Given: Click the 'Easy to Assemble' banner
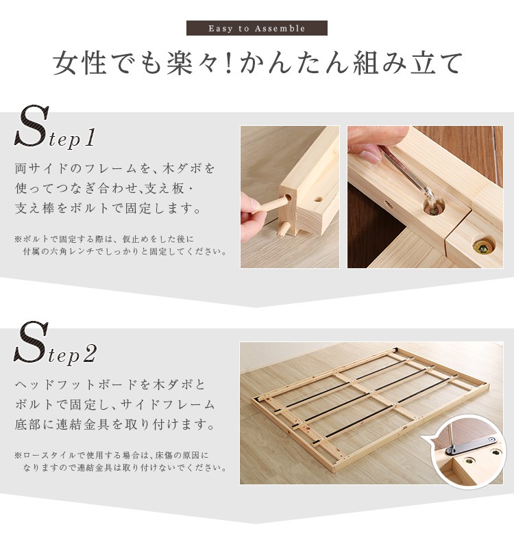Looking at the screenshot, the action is [x=257, y=28].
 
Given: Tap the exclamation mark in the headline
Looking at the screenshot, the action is [x=228, y=63].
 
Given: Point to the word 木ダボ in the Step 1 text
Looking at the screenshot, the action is [x=182, y=168].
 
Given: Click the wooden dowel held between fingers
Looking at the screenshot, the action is [x=271, y=206].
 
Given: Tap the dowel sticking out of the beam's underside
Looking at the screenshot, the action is [x=283, y=230].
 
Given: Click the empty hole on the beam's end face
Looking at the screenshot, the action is [x=318, y=199].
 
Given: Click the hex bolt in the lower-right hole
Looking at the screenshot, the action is [x=483, y=248].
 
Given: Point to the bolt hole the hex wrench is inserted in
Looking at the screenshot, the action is [x=434, y=207].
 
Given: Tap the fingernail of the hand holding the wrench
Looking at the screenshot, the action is [x=370, y=157].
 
